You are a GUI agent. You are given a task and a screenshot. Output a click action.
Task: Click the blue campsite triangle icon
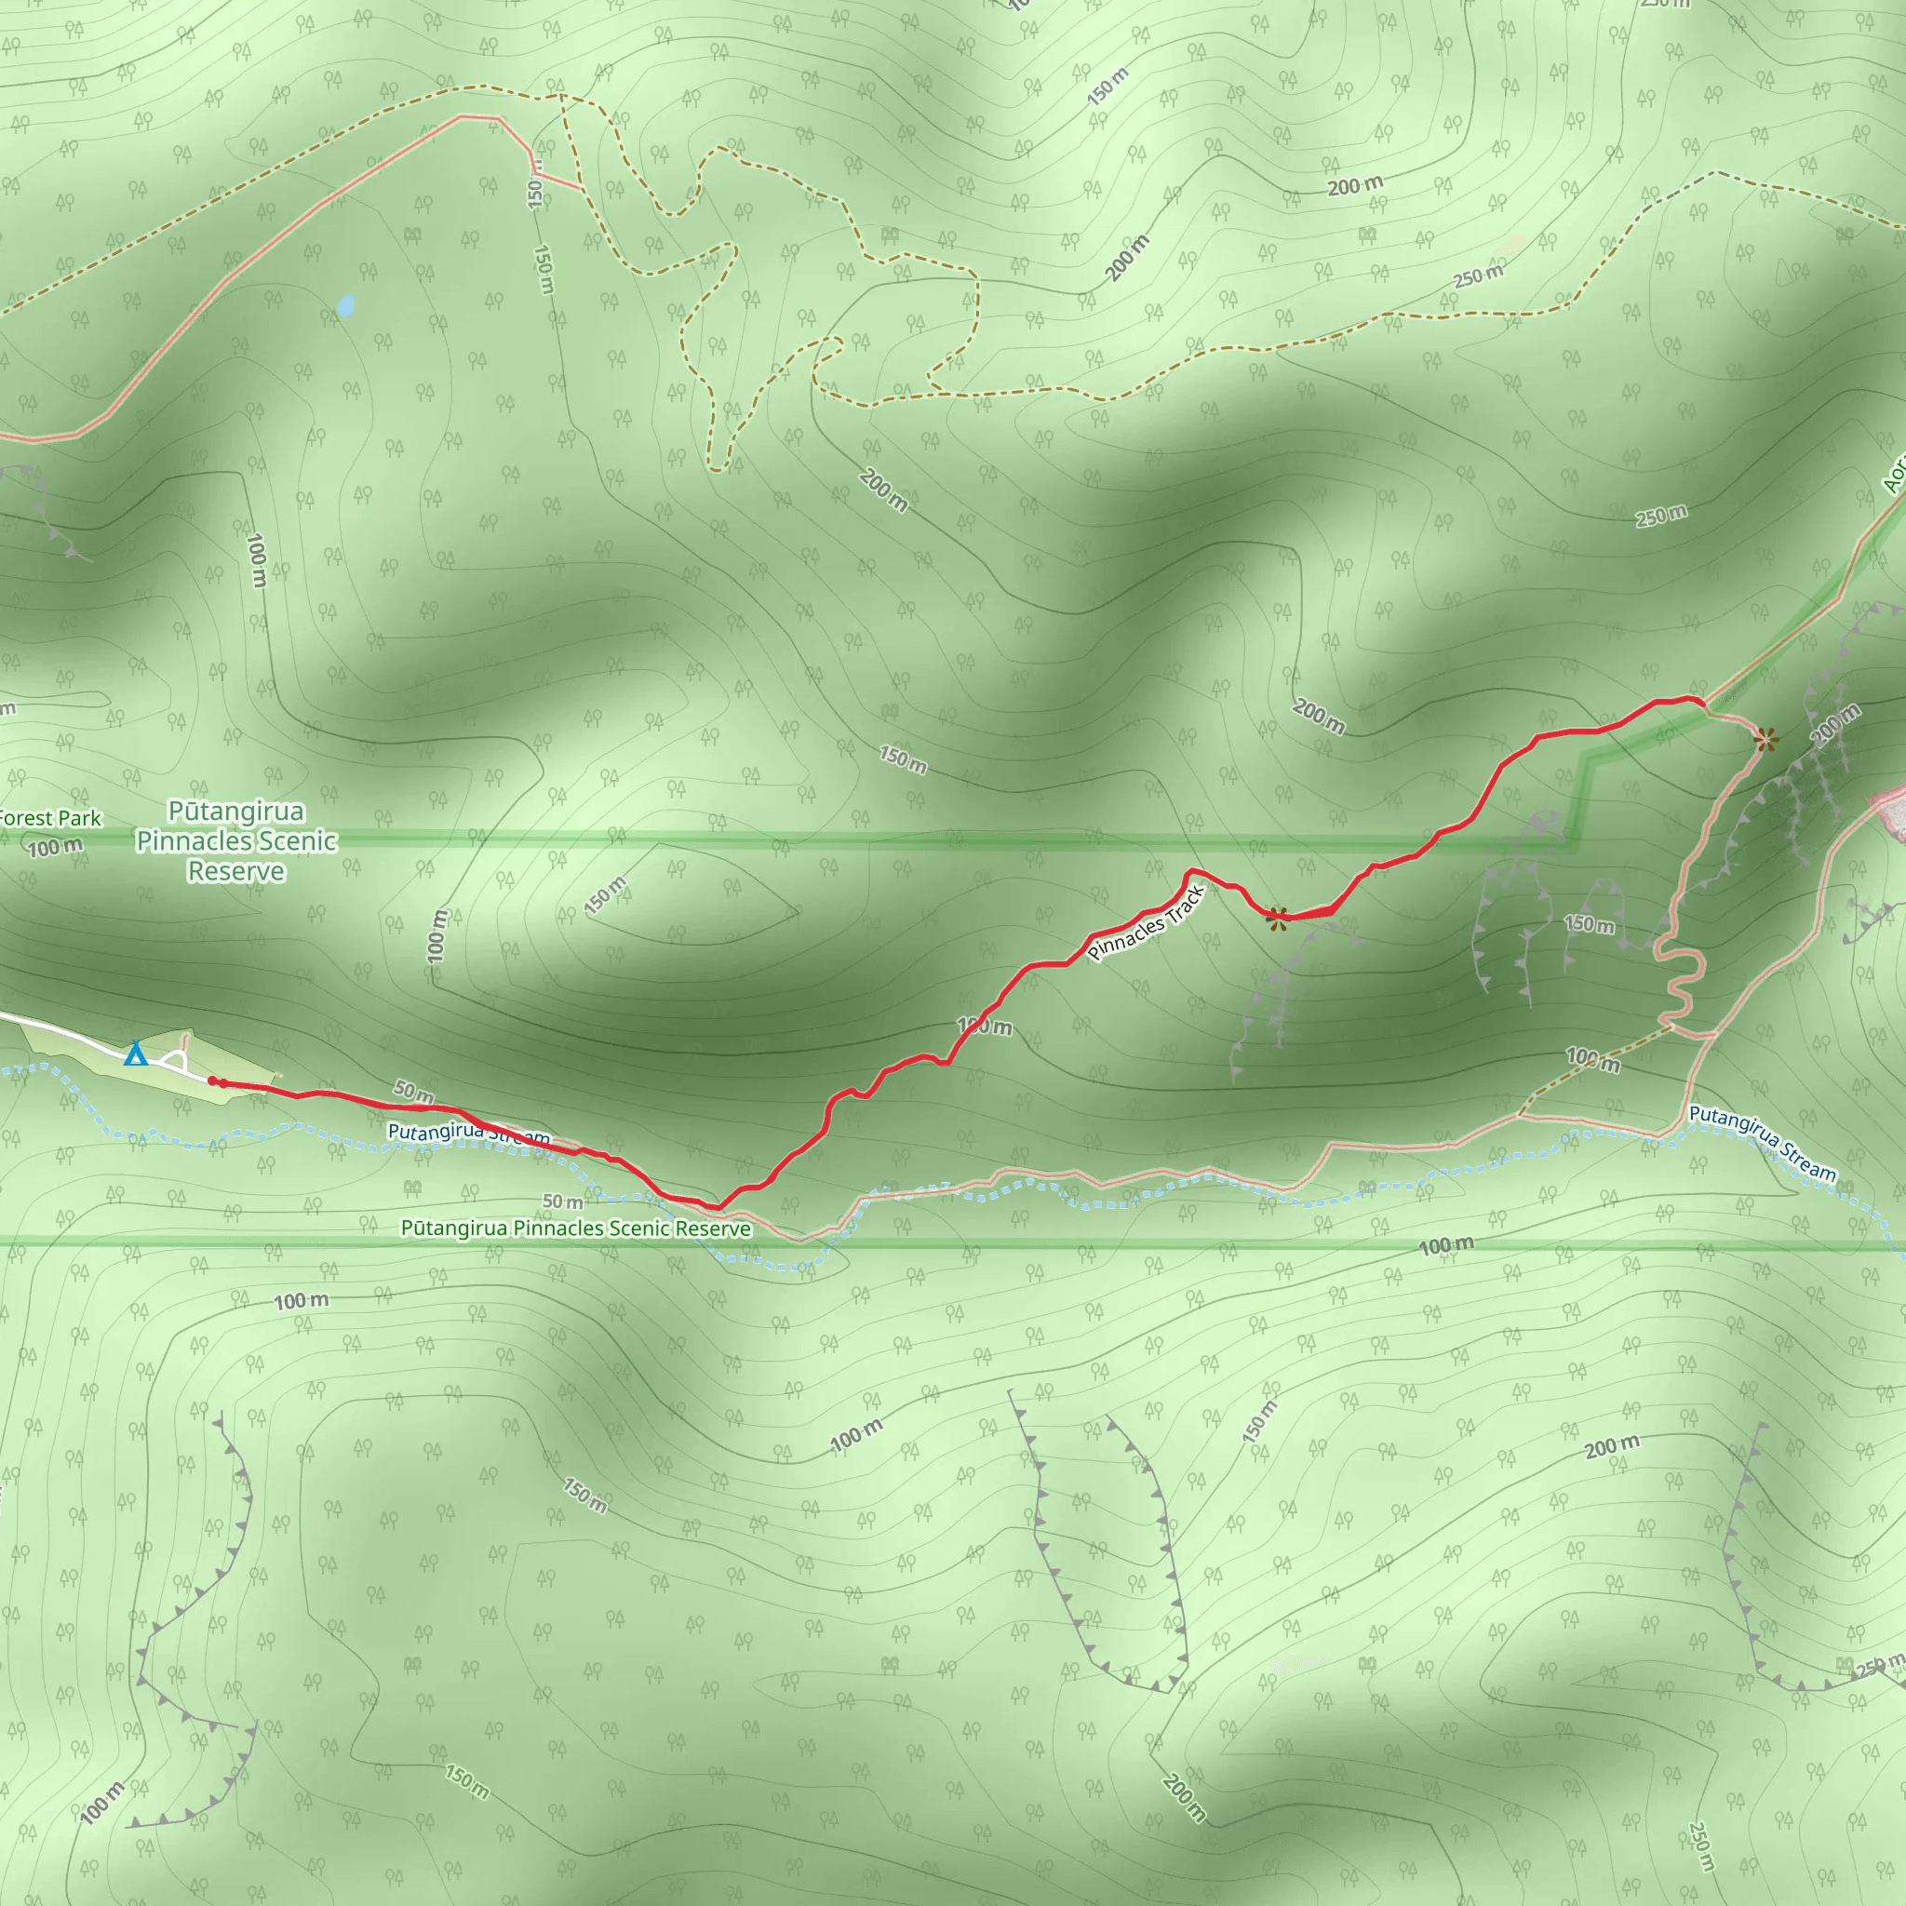(135, 1054)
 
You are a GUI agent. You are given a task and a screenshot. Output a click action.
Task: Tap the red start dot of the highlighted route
(213, 1081)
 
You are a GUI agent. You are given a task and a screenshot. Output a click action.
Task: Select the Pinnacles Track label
(1146, 923)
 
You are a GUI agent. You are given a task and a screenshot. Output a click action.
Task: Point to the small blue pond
(345, 306)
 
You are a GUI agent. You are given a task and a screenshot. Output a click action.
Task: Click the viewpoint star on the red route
(1278, 918)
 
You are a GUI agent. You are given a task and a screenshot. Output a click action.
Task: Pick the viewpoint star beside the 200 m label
(1765, 738)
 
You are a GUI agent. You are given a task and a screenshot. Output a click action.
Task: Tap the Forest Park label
(49, 818)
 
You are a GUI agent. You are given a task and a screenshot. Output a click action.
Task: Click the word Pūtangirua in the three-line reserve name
(235, 812)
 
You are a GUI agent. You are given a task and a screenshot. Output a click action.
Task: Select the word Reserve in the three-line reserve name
(235, 872)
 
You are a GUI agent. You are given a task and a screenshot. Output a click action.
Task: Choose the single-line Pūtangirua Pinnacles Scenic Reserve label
(575, 1228)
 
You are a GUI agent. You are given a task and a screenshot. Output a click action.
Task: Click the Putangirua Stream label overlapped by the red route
(469, 1134)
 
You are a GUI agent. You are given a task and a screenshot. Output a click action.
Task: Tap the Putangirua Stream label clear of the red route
(1762, 1144)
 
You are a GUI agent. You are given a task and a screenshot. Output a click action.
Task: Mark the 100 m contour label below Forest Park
(55, 848)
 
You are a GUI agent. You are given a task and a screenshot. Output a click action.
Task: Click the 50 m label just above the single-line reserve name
(562, 1201)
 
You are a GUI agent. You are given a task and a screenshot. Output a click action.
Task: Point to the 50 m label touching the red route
(414, 1091)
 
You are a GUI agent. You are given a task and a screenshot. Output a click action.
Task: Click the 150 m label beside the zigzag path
(1590, 924)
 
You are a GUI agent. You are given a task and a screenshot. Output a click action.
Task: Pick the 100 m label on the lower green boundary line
(1446, 1246)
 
